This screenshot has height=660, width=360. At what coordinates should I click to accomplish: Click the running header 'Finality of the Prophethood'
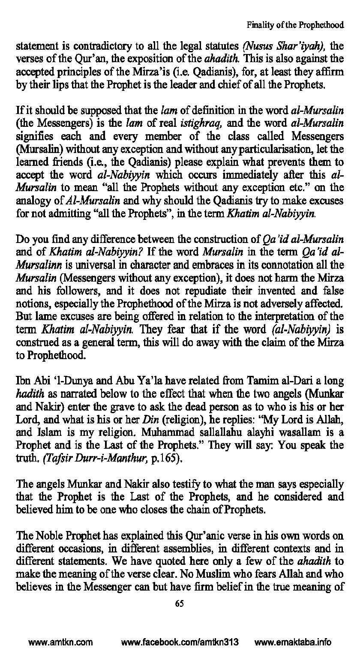(295, 25)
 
